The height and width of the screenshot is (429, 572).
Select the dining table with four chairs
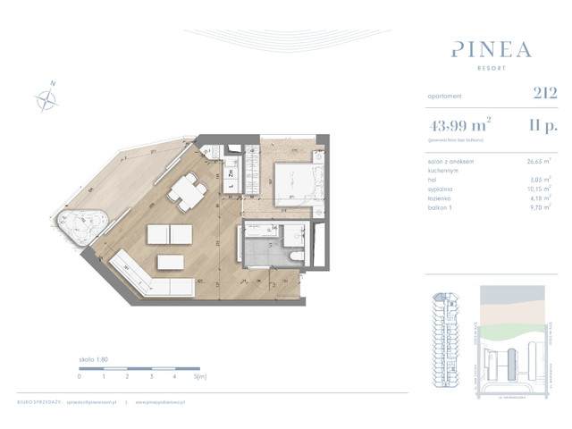point(189,190)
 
